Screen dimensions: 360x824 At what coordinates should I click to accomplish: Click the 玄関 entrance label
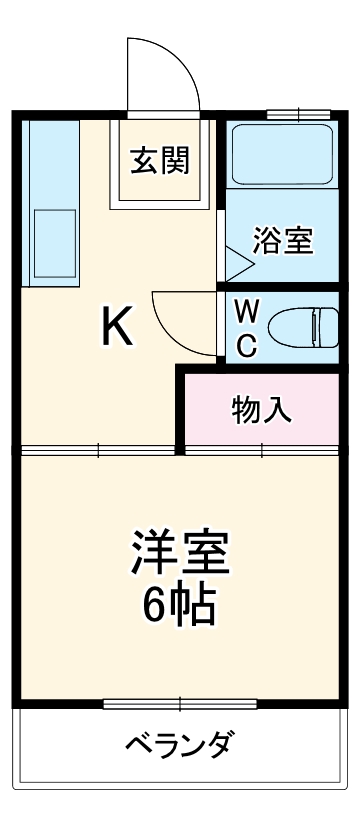(161, 160)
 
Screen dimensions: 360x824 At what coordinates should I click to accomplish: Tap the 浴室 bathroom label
(283, 240)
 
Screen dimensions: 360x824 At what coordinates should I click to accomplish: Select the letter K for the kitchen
(118, 327)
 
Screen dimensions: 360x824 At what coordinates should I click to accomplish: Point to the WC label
(247, 328)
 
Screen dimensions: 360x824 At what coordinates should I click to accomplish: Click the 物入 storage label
(262, 409)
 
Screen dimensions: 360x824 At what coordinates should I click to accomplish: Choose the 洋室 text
(180, 552)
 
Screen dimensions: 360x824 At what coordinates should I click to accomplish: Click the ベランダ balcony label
(180, 745)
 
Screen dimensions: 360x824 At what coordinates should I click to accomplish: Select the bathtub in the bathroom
(282, 154)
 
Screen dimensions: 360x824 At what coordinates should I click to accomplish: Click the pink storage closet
(262, 409)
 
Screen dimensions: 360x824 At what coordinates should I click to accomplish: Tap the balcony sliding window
(180, 704)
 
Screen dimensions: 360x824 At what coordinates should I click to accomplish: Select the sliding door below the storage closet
(262, 450)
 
